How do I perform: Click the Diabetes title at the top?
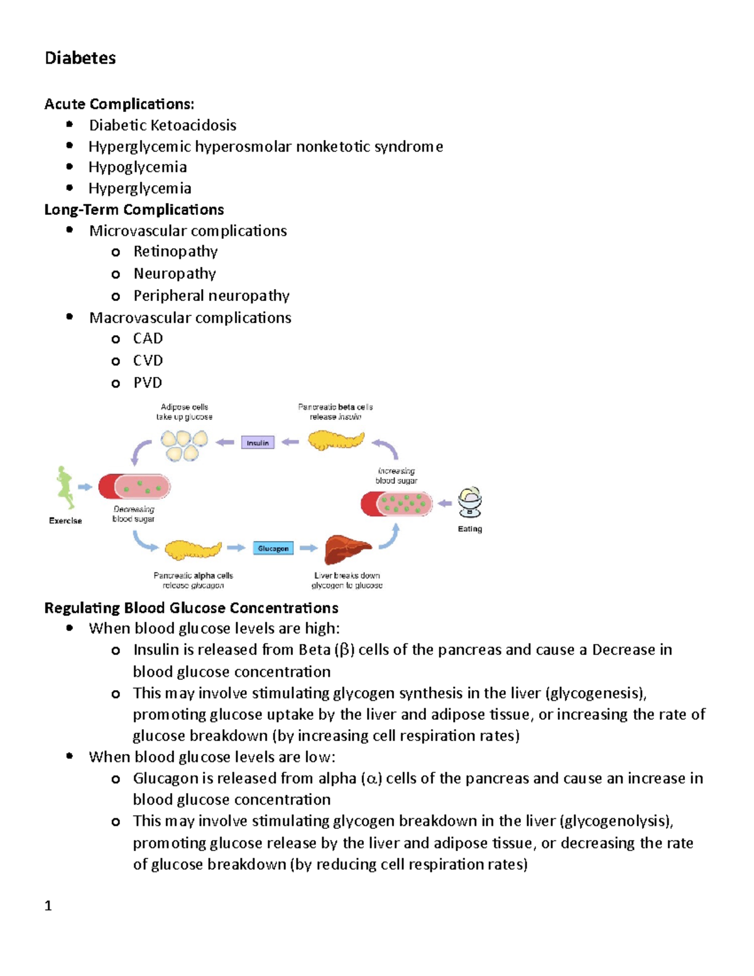pyautogui.click(x=80, y=58)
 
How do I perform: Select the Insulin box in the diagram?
pyautogui.click(x=258, y=443)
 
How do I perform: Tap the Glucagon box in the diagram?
pyautogui.click(x=273, y=549)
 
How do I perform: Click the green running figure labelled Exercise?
pyautogui.click(x=64, y=488)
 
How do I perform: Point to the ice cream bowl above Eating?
pyautogui.click(x=469, y=502)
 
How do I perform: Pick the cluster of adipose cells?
pyautogui.click(x=183, y=445)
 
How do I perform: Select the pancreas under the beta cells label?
pyautogui.click(x=336, y=440)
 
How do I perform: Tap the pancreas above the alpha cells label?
pyautogui.click(x=192, y=550)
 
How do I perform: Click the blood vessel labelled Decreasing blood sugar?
pyautogui.click(x=134, y=487)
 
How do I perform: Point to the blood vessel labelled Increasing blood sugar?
pyautogui.click(x=397, y=503)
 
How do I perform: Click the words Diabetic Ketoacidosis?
pyautogui.click(x=163, y=126)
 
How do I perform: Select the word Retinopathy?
pyautogui.click(x=175, y=252)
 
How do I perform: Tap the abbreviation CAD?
pyautogui.click(x=148, y=339)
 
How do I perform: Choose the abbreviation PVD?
pyautogui.click(x=148, y=383)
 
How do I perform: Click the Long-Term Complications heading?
pyautogui.click(x=134, y=210)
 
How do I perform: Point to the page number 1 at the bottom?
pyautogui.click(x=48, y=906)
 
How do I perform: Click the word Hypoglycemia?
pyautogui.click(x=138, y=167)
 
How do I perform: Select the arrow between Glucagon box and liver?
pyautogui.click(x=309, y=549)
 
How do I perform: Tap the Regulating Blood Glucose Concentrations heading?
pyautogui.click(x=191, y=608)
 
